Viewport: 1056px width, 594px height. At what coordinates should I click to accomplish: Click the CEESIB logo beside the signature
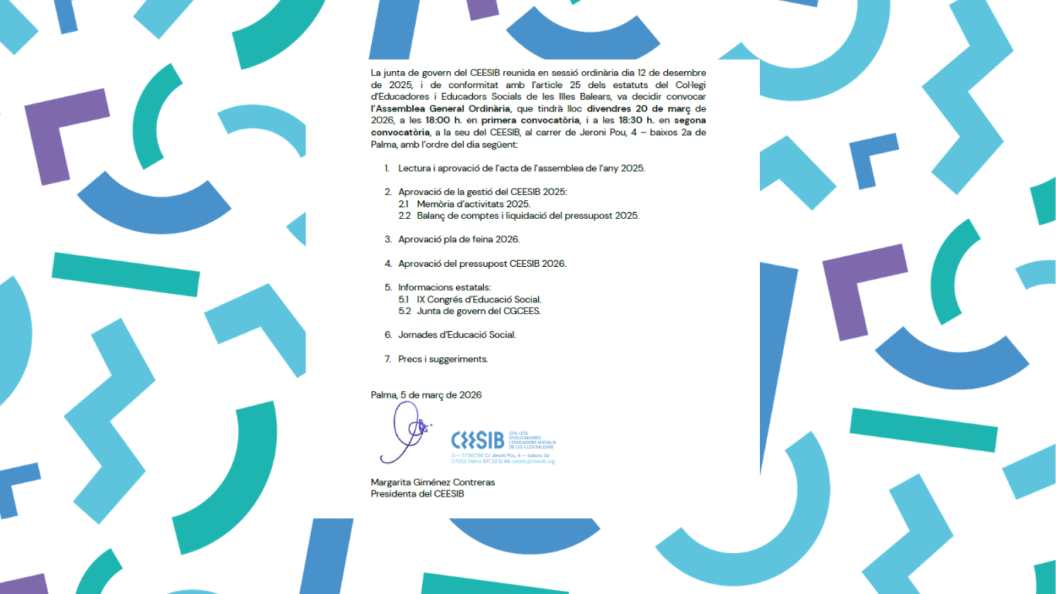(x=478, y=440)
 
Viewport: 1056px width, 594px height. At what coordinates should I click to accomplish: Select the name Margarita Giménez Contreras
(x=432, y=482)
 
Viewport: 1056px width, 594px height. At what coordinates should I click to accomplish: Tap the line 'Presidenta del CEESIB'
(x=417, y=493)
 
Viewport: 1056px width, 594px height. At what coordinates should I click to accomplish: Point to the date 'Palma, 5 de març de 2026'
(x=426, y=394)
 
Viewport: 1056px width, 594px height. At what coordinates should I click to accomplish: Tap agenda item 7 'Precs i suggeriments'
(x=443, y=359)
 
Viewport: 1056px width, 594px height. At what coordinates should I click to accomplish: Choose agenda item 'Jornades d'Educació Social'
(x=456, y=335)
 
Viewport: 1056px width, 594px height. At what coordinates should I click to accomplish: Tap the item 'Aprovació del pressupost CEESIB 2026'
(x=482, y=263)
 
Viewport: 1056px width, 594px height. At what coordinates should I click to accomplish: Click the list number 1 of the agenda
(x=387, y=168)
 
